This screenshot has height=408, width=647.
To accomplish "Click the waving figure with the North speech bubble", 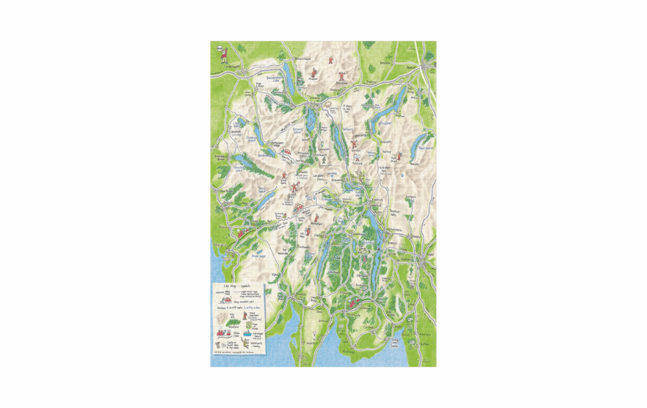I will (224, 55).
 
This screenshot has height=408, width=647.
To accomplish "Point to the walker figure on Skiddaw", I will (313, 73).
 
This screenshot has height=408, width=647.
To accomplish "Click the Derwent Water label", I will (298, 131).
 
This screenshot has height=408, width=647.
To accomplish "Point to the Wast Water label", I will (262, 190).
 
